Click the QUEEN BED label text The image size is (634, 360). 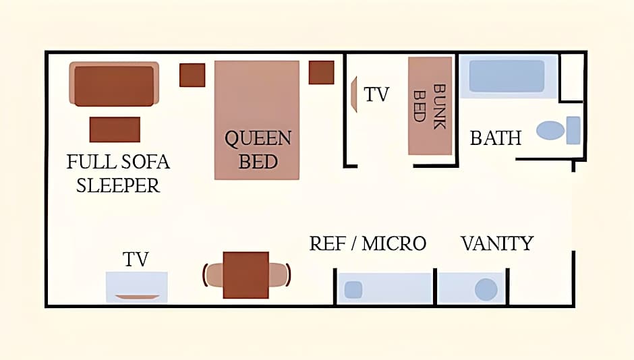coord(258,150)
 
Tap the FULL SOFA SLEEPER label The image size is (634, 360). coord(118,174)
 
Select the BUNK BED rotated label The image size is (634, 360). coord(430,107)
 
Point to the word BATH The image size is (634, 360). coord(496,138)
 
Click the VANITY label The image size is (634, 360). coord(497,243)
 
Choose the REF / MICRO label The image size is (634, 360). coord(368,243)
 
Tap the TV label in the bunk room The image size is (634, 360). coord(376,94)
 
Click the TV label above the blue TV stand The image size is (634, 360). coord(136,260)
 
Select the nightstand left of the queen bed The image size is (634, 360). coord(192,75)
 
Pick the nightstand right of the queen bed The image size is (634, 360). coord(322,72)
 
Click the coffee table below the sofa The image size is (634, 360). coord(115,129)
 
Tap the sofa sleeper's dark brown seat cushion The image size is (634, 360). coord(114,86)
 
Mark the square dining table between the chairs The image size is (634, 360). coord(246,275)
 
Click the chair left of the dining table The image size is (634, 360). coord(214,275)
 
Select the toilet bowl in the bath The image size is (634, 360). coord(550,130)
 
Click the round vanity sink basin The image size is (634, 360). coord(486,289)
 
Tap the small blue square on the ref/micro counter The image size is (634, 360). coord(353,290)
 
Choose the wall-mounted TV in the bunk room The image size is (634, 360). coord(354,94)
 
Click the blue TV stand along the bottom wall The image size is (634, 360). coord(137,287)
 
